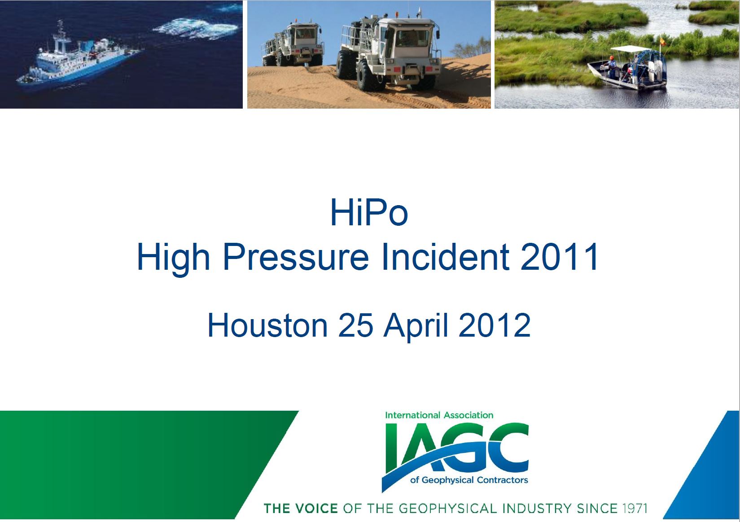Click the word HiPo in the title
tap(369, 212)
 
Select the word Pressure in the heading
tap(296, 257)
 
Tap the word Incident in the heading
tap(445, 257)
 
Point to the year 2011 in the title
tap(559, 257)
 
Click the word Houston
tap(267, 325)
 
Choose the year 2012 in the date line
tap(495, 325)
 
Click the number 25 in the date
tap(355, 325)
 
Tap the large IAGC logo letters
tap(456, 449)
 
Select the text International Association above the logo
tap(439, 415)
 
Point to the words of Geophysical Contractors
tap(469, 480)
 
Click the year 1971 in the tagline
tap(635, 509)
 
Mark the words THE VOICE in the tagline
tap(301, 509)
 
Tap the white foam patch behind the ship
tap(197, 28)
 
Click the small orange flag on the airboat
tap(662, 42)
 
